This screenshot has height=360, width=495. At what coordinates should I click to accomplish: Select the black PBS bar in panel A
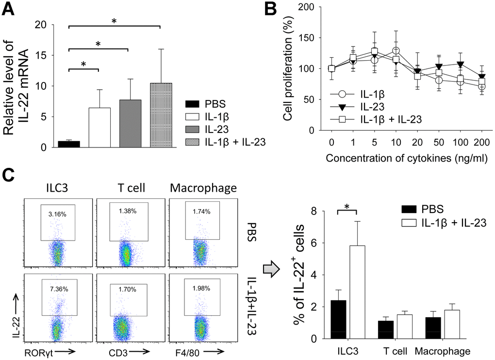[68, 144]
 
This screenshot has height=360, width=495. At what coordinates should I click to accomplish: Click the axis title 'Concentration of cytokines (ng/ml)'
[406, 158]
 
